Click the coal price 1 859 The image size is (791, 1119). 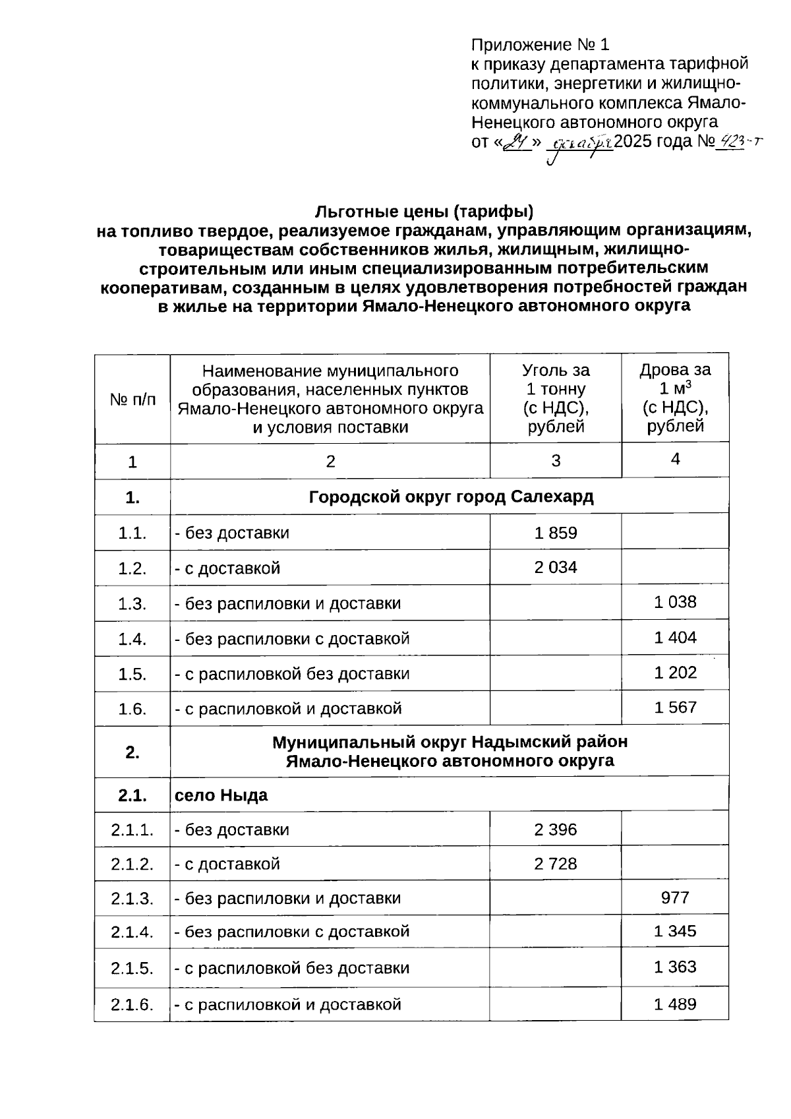[x=555, y=533]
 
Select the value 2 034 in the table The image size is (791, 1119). [x=555, y=567]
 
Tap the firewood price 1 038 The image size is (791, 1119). [x=675, y=601]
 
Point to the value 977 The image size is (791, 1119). [x=675, y=897]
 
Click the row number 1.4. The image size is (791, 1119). [x=132, y=638]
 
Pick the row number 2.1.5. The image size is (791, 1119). [x=132, y=968]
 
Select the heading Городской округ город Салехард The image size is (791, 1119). [x=451, y=497]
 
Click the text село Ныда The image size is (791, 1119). [x=221, y=795]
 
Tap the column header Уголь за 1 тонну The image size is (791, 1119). [x=555, y=398]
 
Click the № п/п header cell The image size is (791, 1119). [x=132, y=399]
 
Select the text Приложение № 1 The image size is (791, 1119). [x=541, y=45]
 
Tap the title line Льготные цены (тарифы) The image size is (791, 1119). [x=424, y=212]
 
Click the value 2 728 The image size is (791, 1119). [x=555, y=864]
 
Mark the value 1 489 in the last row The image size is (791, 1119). [x=675, y=1004]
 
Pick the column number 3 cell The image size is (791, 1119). [x=555, y=461]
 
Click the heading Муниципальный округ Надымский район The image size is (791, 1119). [x=450, y=742]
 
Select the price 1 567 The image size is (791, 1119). [x=675, y=708]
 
